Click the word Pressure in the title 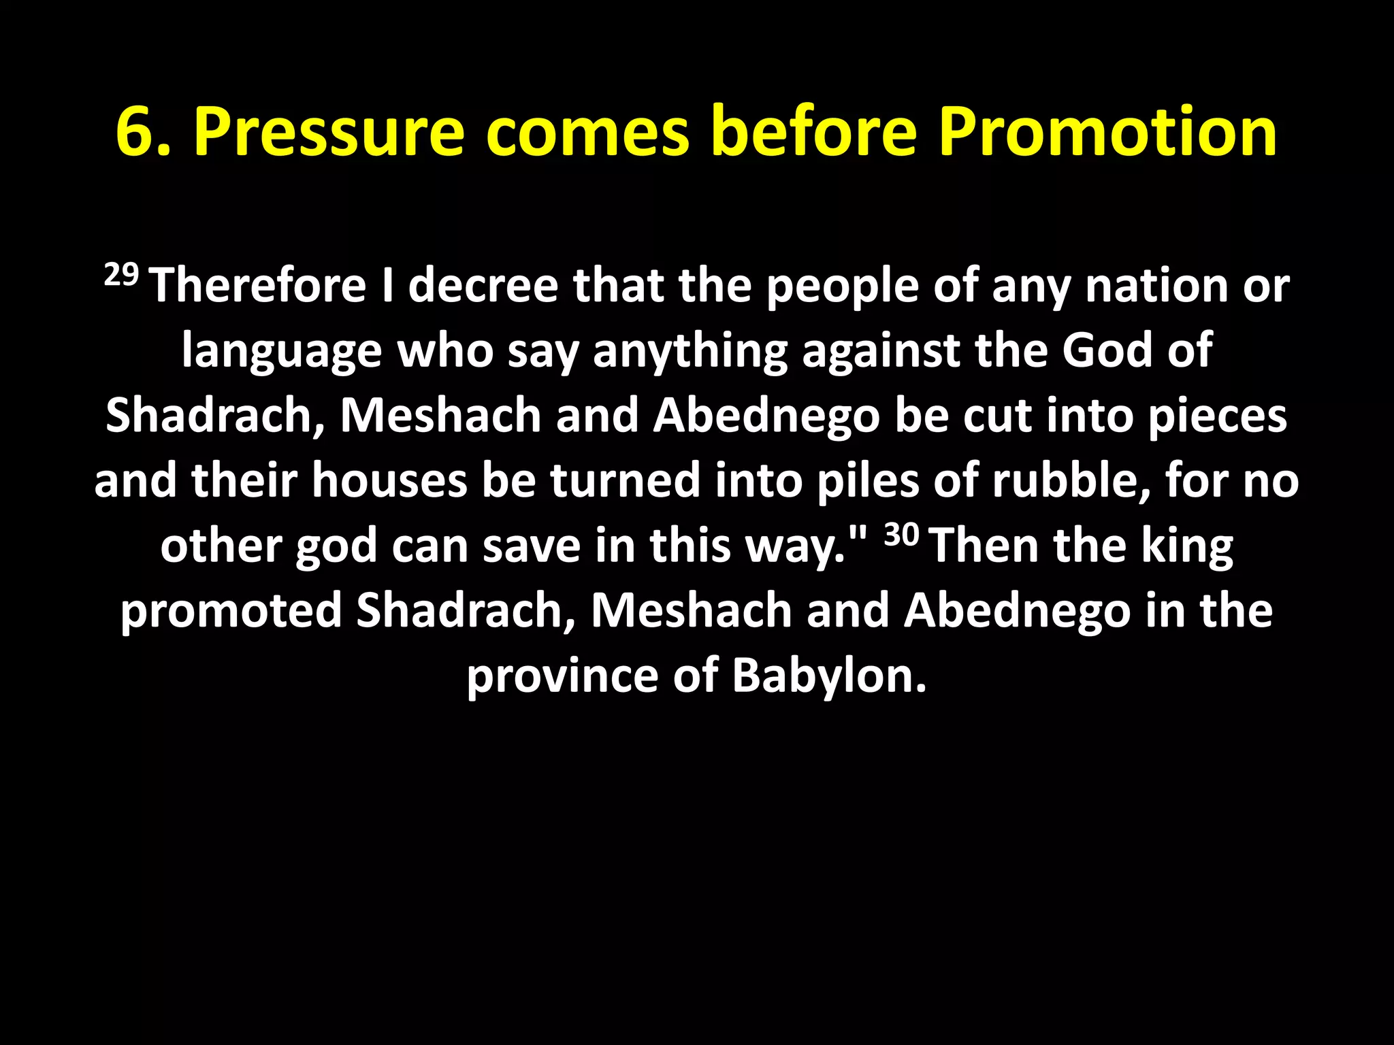tap(329, 133)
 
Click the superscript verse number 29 tap(121, 276)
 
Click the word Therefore tap(259, 286)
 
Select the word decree tap(483, 286)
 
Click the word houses tap(389, 480)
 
